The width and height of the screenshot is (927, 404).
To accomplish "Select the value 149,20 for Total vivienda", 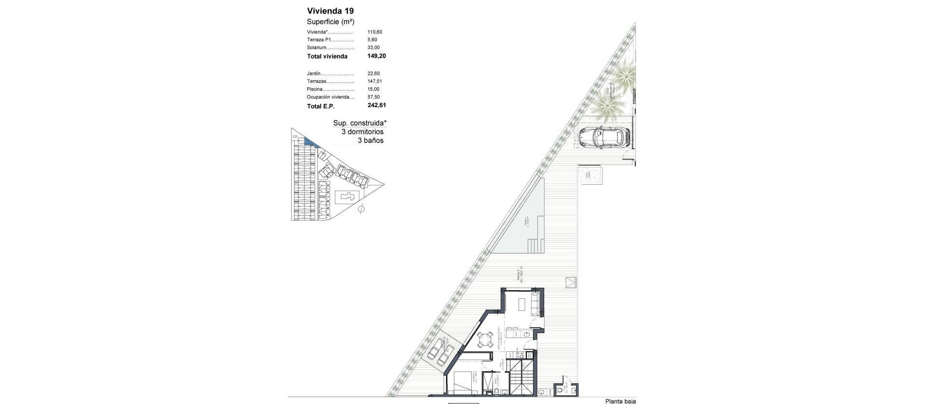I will [377, 56].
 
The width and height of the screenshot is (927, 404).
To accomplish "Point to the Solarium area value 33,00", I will [374, 48].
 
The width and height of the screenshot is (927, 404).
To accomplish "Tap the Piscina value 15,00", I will [374, 89].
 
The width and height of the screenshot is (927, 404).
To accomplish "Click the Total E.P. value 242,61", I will [377, 105].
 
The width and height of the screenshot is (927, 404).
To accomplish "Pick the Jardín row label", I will [314, 74].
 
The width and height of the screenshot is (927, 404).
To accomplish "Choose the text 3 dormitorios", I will [362, 132].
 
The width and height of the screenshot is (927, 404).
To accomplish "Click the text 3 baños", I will [370, 140].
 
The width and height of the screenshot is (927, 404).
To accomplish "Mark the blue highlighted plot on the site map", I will [308, 141].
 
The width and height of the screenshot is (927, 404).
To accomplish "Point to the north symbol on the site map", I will [361, 209].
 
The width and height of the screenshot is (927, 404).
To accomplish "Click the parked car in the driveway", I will [604, 138].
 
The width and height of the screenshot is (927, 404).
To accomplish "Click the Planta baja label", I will [620, 401].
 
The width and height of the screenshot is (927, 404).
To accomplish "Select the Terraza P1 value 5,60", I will [372, 40].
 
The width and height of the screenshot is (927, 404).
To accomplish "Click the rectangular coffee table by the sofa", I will [522, 305].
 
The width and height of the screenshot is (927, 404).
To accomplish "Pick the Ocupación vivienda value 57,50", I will [374, 97].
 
